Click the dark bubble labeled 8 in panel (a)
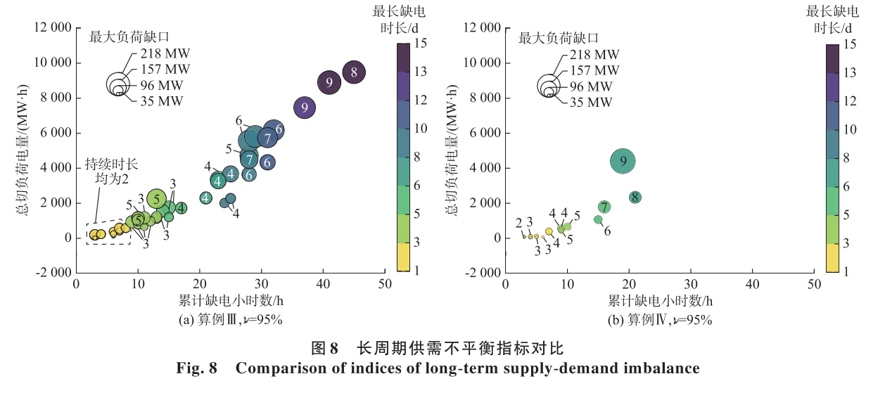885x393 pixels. [354, 72]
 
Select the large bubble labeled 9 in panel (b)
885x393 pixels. [623, 162]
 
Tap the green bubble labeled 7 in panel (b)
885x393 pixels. [604, 207]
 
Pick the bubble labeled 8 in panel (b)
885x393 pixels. [635, 198]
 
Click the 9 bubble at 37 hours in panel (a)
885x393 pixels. [305, 108]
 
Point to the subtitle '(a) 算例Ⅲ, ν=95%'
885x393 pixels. [230, 320]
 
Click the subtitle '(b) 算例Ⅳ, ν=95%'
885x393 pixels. [659, 320]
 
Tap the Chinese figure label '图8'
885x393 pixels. [325, 349]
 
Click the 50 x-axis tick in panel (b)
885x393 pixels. [814, 285]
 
